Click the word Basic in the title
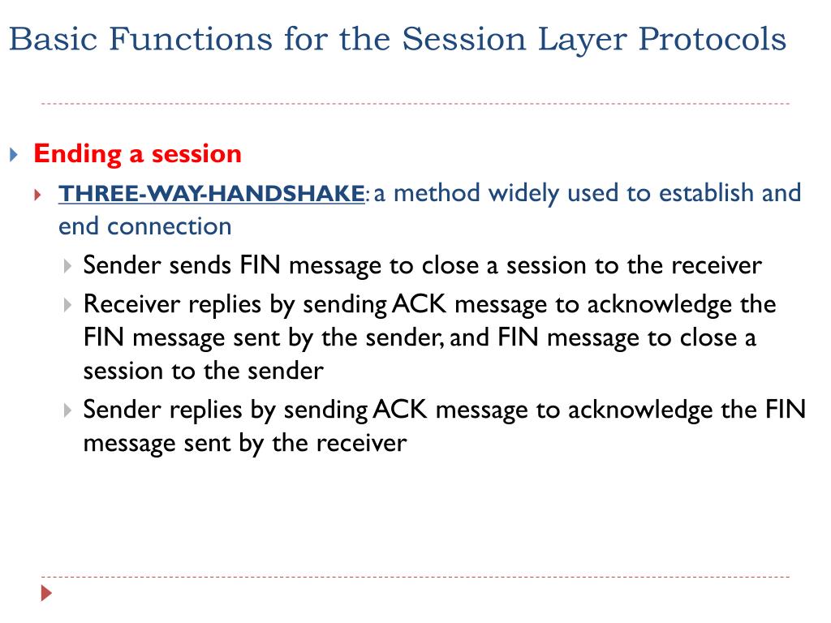[x=54, y=39]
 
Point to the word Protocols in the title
[x=713, y=39]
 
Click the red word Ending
[x=77, y=155]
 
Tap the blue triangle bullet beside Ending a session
[x=15, y=155]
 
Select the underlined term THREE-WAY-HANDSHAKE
[x=212, y=193]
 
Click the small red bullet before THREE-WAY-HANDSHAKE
[x=37, y=195]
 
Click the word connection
[x=170, y=227]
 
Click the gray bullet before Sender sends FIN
[x=67, y=265]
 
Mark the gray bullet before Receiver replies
[x=67, y=305]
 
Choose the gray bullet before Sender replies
[x=67, y=410]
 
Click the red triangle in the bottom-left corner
[x=46, y=593]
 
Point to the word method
[x=437, y=193]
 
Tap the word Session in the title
[x=463, y=39]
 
